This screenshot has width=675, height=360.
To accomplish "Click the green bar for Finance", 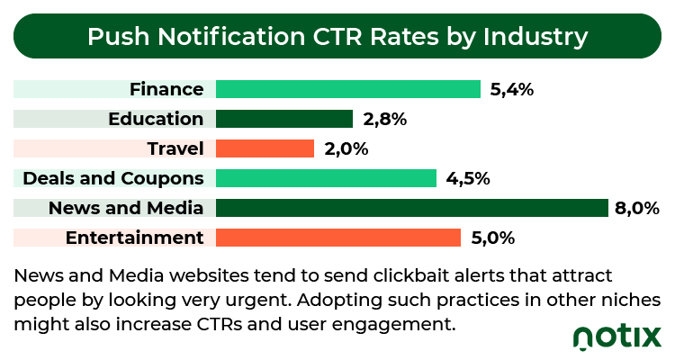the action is (347, 89).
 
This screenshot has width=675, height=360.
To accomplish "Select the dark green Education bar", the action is (284, 119).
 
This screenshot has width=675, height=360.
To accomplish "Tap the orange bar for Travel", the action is (265, 148).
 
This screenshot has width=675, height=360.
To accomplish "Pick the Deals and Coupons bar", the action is (326, 178).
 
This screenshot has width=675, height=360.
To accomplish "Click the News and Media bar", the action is (412, 208).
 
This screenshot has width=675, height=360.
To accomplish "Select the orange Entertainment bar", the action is (338, 238).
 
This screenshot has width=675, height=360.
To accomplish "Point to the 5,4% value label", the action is (512, 90).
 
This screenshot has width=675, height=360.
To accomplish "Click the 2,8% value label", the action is (385, 120).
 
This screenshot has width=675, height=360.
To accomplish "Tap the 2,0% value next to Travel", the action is (346, 149).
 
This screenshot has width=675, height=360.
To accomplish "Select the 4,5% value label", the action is (468, 179).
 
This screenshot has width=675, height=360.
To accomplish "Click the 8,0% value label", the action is (637, 209).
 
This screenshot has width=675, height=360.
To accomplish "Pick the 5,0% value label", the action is (493, 238).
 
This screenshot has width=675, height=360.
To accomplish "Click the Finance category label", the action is (166, 89).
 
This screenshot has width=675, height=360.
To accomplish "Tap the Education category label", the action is (156, 119).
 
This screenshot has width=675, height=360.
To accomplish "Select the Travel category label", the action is (175, 148).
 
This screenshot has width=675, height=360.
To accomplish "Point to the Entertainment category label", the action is (135, 238).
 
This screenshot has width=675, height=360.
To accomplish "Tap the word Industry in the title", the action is (535, 38).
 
